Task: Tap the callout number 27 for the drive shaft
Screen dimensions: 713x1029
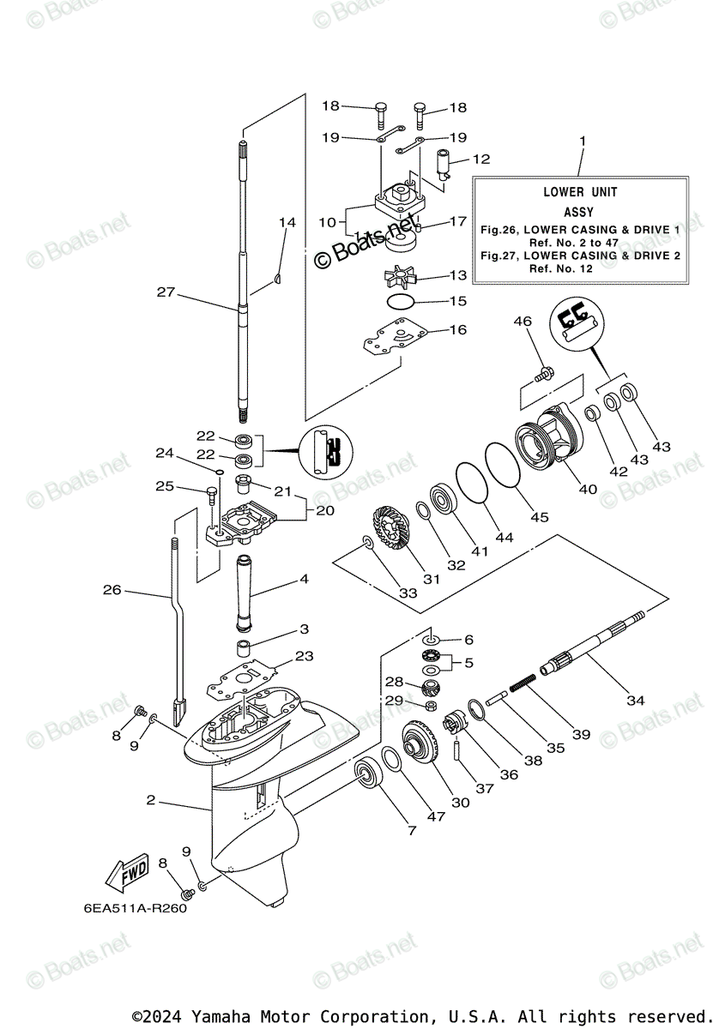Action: point(166,292)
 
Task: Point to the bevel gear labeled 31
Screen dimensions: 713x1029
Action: point(393,533)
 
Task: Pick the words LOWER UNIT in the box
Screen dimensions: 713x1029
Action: point(580,192)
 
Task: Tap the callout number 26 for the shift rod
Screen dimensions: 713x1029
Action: point(112,590)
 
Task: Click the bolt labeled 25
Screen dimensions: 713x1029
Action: point(212,496)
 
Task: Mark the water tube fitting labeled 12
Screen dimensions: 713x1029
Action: point(443,164)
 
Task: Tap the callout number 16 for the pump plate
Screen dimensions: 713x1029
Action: point(458,329)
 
